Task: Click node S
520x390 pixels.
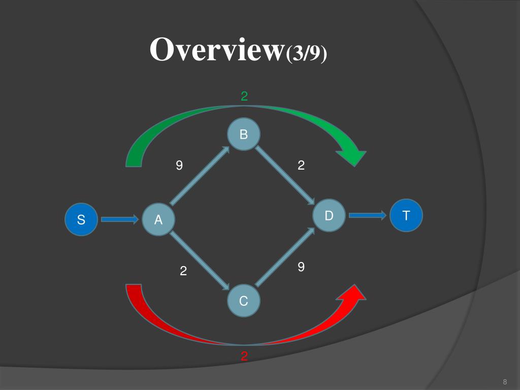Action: [x=81, y=220]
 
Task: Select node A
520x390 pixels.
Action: [x=158, y=220]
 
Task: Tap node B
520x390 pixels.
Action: [x=244, y=134]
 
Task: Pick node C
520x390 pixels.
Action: [x=244, y=301]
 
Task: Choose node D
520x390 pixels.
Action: [x=329, y=215]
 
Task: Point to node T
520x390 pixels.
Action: [x=406, y=215]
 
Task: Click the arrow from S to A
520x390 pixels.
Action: [x=120, y=219]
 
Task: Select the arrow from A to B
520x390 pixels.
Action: [x=200, y=176]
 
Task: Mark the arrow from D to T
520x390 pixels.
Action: [x=368, y=215]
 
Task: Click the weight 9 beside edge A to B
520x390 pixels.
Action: [x=179, y=165]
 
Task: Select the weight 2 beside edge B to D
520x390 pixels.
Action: [x=301, y=165]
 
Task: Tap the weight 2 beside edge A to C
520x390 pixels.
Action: [x=183, y=271]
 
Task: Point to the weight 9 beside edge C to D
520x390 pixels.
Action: [x=301, y=267]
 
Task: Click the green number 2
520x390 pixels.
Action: [x=244, y=96]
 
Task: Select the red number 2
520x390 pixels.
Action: [x=244, y=356]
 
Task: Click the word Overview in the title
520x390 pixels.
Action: [x=217, y=50]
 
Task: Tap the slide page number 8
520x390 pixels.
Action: [x=505, y=382]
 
